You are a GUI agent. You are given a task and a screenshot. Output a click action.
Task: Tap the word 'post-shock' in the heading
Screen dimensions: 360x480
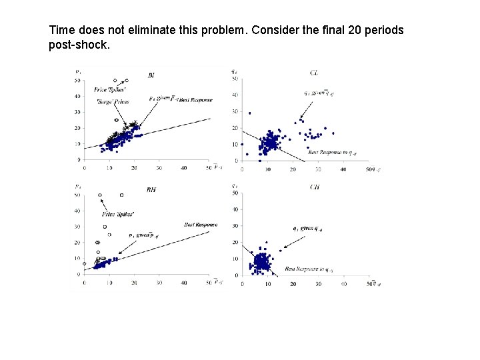point(78,45)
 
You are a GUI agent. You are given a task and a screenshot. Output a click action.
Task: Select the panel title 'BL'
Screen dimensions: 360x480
point(151,75)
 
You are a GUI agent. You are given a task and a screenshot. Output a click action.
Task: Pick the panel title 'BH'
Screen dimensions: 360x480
point(151,189)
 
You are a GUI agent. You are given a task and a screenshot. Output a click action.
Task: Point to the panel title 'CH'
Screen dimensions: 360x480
point(315,187)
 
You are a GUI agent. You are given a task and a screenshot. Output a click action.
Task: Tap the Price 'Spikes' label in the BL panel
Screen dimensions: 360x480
point(110,89)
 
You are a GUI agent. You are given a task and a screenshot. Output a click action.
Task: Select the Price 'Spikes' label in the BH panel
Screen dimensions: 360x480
point(118,214)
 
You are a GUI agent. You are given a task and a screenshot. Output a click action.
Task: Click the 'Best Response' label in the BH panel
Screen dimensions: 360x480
point(201,225)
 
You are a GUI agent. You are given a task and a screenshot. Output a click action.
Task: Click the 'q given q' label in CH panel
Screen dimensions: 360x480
point(307,228)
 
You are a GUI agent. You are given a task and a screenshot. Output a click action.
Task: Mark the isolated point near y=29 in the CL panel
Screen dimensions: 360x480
point(249,113)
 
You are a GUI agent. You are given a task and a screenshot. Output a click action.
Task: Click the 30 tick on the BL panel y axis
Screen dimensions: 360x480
point(78,112)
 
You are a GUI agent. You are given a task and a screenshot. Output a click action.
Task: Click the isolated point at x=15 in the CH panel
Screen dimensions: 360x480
point(280,251)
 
